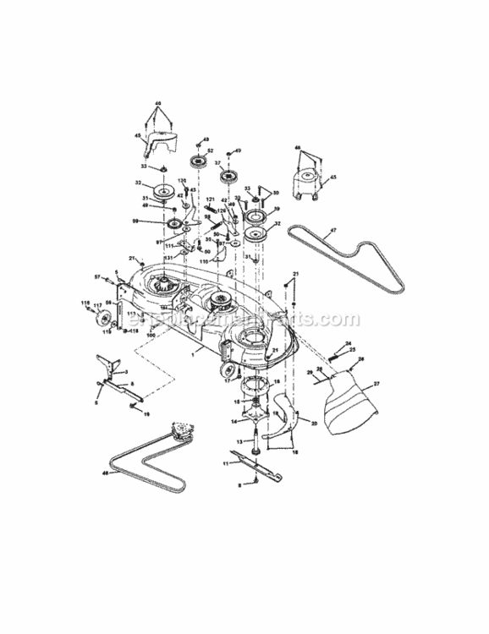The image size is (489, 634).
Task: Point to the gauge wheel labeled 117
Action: (106, 317)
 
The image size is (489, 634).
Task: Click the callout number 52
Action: (210, 150)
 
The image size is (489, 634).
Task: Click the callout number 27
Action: (377, 384)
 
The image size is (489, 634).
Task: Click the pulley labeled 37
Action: (228, 177)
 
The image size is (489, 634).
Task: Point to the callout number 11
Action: (226, 463)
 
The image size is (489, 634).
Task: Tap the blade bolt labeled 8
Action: (251, 483)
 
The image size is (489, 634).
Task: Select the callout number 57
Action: (97, 276)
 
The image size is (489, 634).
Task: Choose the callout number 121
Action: (210, 198)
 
